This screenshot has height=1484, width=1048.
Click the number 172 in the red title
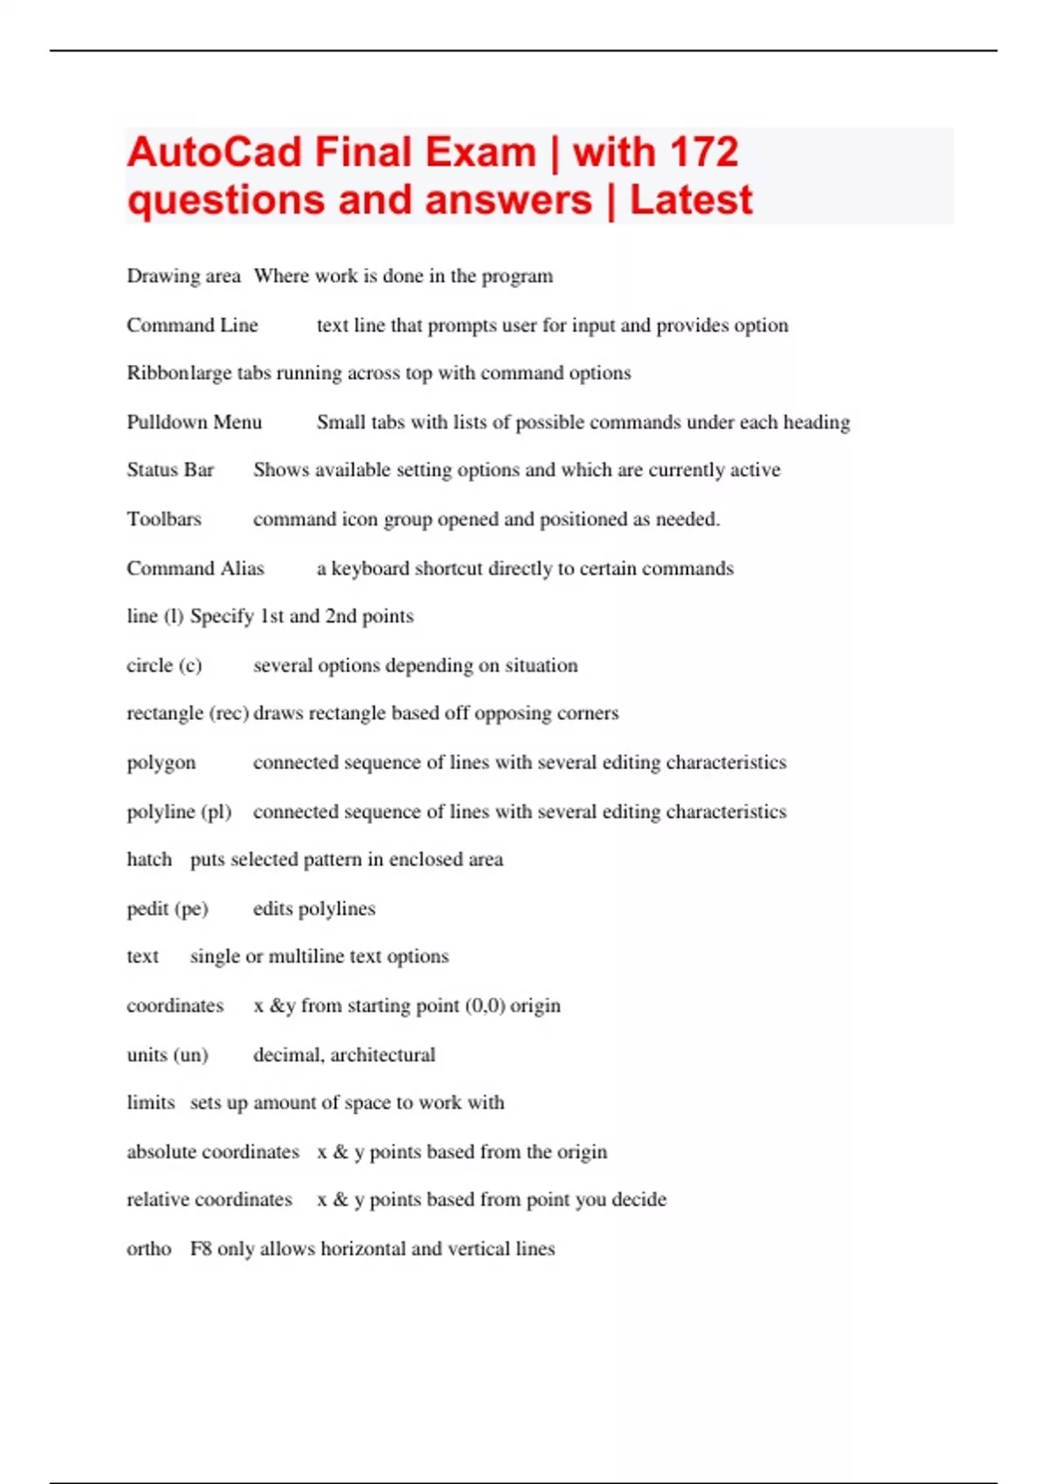(x=706, y=153)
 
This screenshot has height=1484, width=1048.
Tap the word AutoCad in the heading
(x=214, y=153)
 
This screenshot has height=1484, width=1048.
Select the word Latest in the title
(x=691, y=201)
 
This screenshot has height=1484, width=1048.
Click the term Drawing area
(x=183, y=277)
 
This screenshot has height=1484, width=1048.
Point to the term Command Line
(x=192, y=326)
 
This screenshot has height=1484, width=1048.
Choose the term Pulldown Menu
(x=194, y=423)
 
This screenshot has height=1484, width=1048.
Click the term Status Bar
(x=170, y=471)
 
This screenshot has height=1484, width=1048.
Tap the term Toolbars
(x=164, y=519)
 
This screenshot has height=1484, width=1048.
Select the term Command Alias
(x=195, y=569)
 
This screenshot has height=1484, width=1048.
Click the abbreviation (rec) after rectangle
(x=230, y=713)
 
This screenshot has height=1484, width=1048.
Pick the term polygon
(x=162, y=764)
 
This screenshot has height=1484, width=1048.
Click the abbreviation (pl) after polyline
(x=217, y=812)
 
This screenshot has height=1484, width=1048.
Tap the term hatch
(x=149, y=860)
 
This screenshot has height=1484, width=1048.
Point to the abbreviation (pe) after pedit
(x=191, y=909)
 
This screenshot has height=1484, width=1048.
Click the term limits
(x=150, y=1103)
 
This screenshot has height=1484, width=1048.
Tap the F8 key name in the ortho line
(x=201, y=1249)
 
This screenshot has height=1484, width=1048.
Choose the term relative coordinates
(x=210, y=1199)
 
